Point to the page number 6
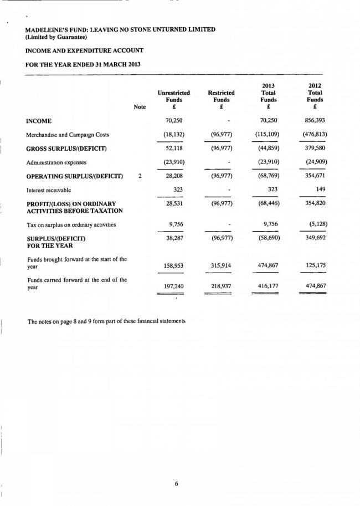click(x=176, y=483)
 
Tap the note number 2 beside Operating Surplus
click(x=140, y=176)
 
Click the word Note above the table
click(x=140, y=108)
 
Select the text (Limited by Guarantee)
click(x=55, y=37)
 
